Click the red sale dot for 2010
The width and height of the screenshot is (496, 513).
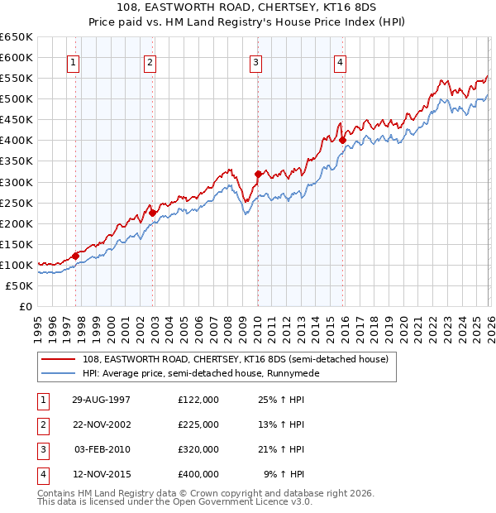(x=257, y=174)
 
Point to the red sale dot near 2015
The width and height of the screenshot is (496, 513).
(x=342, y=140)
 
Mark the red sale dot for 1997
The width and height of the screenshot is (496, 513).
(x=75, y=256)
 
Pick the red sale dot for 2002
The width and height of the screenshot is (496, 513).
(x=152, y=213)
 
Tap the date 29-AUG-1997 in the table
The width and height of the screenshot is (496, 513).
(x=101, y=399)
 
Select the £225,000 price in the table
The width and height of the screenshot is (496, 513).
(x=198, y=424)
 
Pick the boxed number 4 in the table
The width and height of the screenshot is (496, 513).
(x=41, y=474)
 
